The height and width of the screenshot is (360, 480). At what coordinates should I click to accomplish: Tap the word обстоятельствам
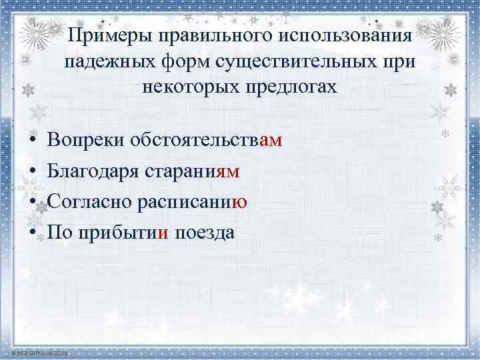point(207,141)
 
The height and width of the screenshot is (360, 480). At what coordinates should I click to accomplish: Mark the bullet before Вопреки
point(32,142)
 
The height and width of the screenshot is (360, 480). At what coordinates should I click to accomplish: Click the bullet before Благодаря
point(32,173)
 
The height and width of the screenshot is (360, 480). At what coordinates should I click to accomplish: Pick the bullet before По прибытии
point(32,233)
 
